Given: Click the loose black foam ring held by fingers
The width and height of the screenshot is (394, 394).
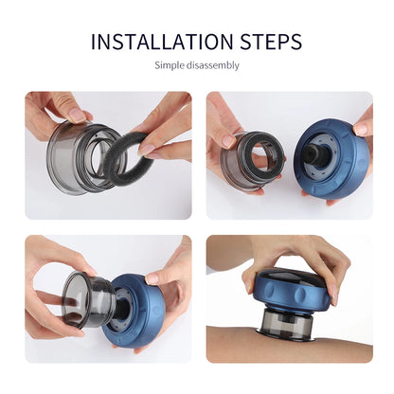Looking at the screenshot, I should point(122,156).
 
